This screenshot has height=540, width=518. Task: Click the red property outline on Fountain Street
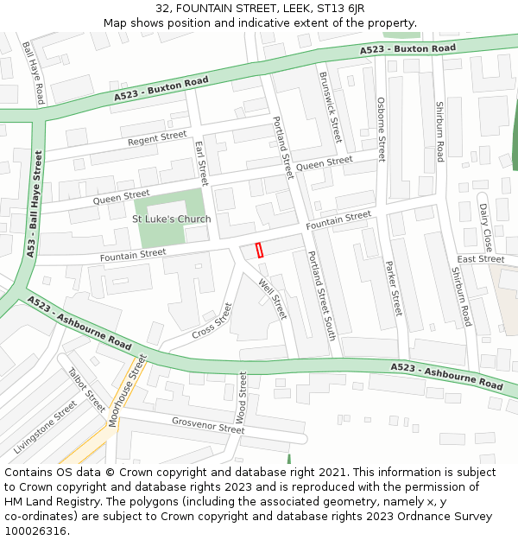coord(259,250)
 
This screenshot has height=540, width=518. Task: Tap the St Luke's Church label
coord(171,219)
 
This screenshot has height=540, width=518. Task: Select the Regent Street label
coord(157,138)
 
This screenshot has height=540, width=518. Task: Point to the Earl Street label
coord(202,162)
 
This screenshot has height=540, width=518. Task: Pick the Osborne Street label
coord(381,129)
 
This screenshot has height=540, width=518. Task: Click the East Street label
coord(481,259)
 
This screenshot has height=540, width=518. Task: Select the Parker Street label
coord(393,288)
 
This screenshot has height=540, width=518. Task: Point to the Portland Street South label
coord(321,295)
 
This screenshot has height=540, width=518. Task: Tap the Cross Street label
coord(212,321)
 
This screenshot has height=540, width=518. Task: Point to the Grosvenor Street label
coord(208,425)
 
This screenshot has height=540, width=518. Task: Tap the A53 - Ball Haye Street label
coord(35,204)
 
